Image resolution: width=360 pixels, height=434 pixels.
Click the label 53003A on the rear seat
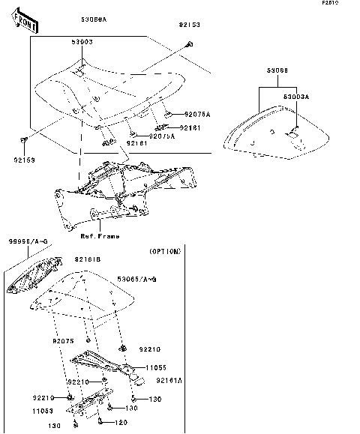click(295, 97)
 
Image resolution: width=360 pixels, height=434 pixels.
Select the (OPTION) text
click(164, 252)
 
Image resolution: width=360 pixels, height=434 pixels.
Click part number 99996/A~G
click(28, 241)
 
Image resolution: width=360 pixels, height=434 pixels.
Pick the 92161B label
click(87, 259)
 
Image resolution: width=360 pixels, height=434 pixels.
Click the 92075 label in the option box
click(64, 341)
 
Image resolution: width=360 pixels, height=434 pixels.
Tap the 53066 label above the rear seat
click(277, 70)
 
